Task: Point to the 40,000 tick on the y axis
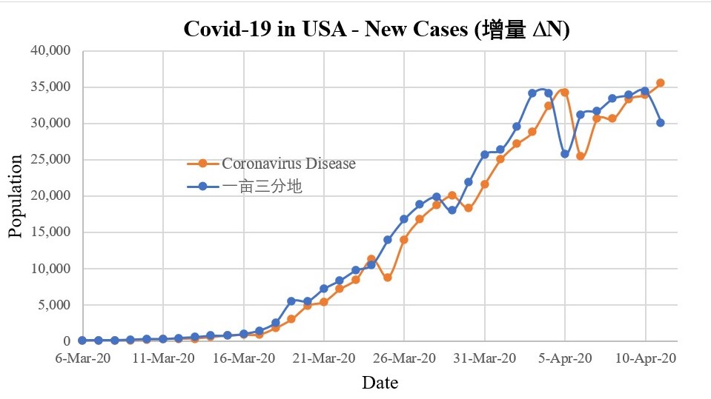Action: point(49,51)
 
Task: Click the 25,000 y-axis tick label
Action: point(49,160)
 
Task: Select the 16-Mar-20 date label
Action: point(243,358)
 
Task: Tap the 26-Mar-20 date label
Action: point(404,358)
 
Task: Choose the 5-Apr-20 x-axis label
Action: point(565,358)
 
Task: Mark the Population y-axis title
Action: point(16,196)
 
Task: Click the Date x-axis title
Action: point(380,383)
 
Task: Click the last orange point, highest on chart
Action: point(661,83)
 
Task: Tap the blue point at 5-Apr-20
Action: point(565,154)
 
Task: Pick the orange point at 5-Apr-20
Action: point(565,93)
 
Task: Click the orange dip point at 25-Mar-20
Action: point(388,278)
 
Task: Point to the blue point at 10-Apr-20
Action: point(645,91)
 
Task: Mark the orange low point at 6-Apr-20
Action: point(581,156)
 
